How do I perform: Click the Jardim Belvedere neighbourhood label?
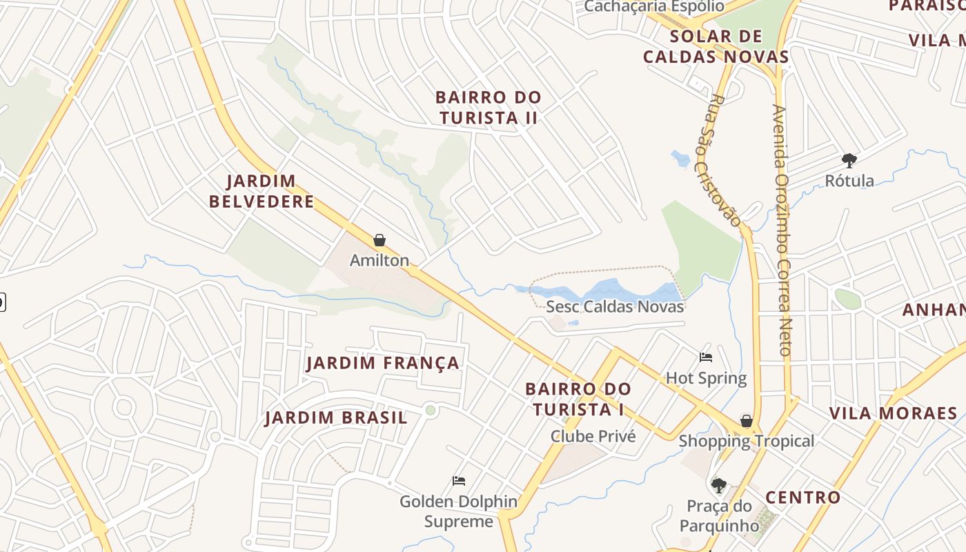[x=262, y=191]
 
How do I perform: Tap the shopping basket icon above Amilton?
[x=379, y=240]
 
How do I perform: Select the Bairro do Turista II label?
[x=489, y=107]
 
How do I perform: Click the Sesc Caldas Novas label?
[x=615, y=306]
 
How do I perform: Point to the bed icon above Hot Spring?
[x=706, y=357]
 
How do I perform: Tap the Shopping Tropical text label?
[x=747, y=441]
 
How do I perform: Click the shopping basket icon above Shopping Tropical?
[x=746, y=420]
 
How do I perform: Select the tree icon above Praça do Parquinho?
[x=718, y=485]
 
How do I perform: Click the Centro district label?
[x=803, y=497]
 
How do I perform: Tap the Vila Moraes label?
[x=893, y=413]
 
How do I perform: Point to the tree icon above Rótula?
[x=849, y=161]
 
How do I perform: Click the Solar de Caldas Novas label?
[x=716, y=46]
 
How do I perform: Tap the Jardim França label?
[x=382, y=363]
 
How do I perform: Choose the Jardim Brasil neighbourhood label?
[x=336, y=417]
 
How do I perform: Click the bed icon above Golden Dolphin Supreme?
[x=459, y=480]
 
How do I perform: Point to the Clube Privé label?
[x=593, y=436]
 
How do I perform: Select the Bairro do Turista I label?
[x=578, y=399]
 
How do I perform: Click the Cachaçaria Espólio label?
[x=654, y=6]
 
